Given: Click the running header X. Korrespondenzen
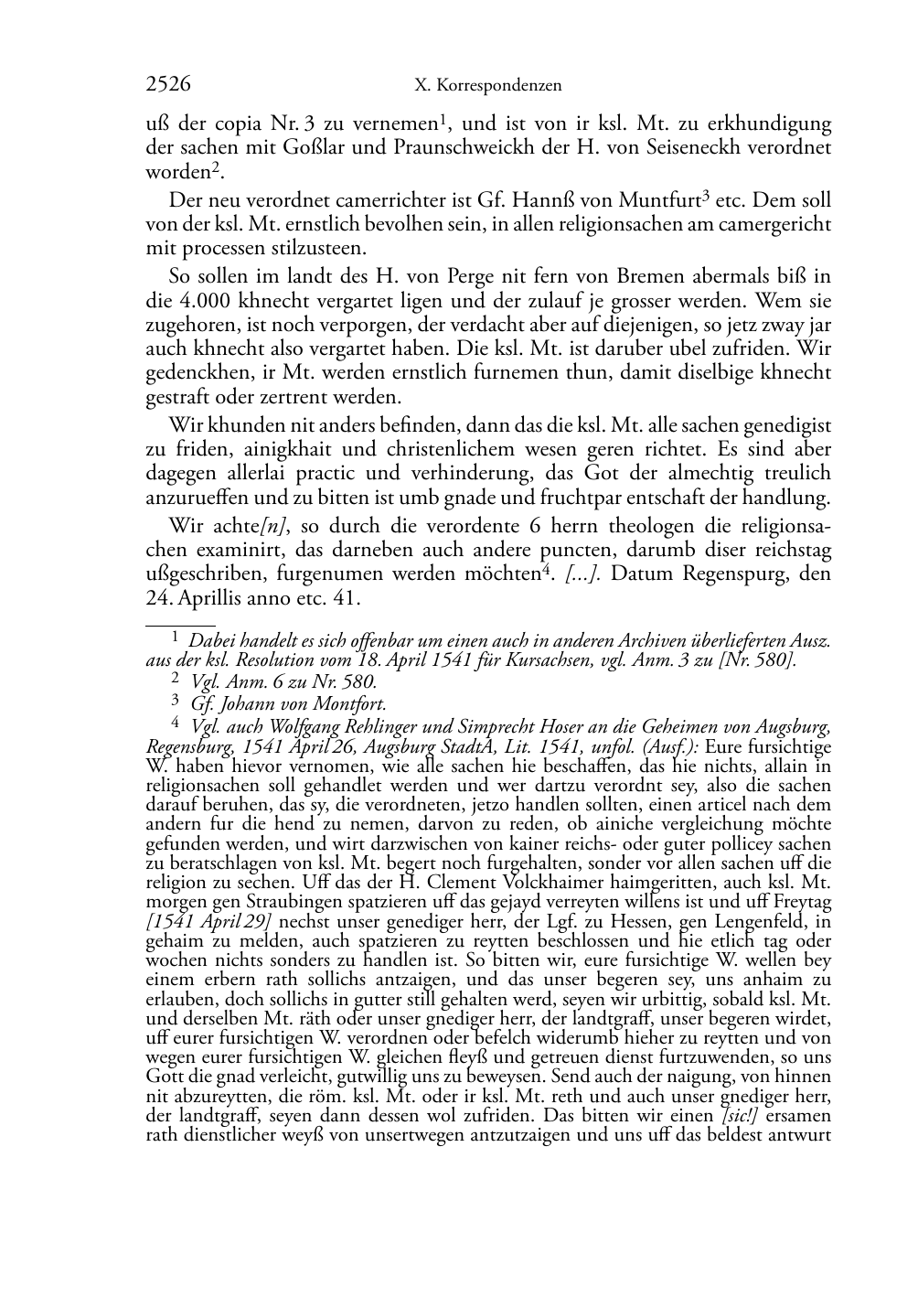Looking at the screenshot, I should [488, 86].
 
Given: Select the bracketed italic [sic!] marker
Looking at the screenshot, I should [739, 1116].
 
